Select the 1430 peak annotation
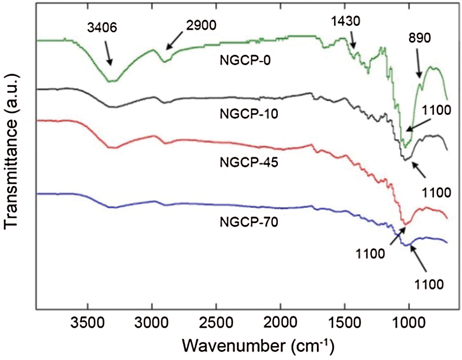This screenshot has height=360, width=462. pos(345,21)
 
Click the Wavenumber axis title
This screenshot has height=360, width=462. pos(258,346)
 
